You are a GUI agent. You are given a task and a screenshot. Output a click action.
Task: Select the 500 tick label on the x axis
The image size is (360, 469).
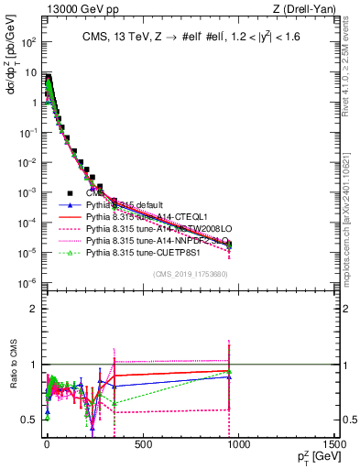click(x=142, y=443)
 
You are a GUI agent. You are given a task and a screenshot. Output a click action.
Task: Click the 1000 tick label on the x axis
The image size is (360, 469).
click(x=238, y=443)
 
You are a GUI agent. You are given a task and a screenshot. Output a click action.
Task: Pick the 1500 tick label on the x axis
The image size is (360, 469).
click(x=334, y=443)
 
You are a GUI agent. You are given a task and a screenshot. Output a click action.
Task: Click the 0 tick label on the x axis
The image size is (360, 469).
click(x=46, y=443)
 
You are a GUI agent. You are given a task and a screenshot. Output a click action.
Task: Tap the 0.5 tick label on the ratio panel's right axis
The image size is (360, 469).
click(x=346, y=420)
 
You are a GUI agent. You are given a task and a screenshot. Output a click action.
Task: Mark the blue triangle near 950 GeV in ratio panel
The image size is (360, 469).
click(x=229, y=376)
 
